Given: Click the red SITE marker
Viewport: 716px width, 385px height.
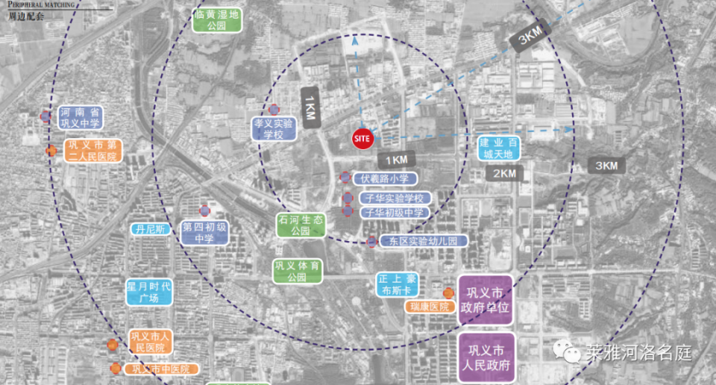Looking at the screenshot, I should pos(362,139).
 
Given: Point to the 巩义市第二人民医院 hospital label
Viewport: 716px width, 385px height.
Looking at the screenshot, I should pos(92,151).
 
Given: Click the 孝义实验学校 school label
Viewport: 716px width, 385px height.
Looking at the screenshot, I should pos(273,128).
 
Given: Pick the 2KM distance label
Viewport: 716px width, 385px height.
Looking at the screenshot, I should pos(505,173).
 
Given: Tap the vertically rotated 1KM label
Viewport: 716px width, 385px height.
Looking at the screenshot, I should pos(310,107).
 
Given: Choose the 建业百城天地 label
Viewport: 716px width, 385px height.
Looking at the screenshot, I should pos(497,148).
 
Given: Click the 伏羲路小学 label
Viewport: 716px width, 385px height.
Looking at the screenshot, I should pos(385,178).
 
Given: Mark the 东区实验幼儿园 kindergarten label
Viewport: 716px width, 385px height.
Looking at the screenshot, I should pos(422,241).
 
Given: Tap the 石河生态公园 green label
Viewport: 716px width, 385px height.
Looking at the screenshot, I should pos(301,225).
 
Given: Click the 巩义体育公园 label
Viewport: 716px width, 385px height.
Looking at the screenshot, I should pos(297,272).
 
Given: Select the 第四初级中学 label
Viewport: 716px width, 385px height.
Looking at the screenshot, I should pos(204,232).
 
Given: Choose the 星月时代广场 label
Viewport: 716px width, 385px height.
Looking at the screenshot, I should pos(148,292).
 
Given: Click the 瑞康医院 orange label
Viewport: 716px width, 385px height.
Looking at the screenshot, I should pos(429,307).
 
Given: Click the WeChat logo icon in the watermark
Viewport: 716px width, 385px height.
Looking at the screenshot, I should pos(571,351).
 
